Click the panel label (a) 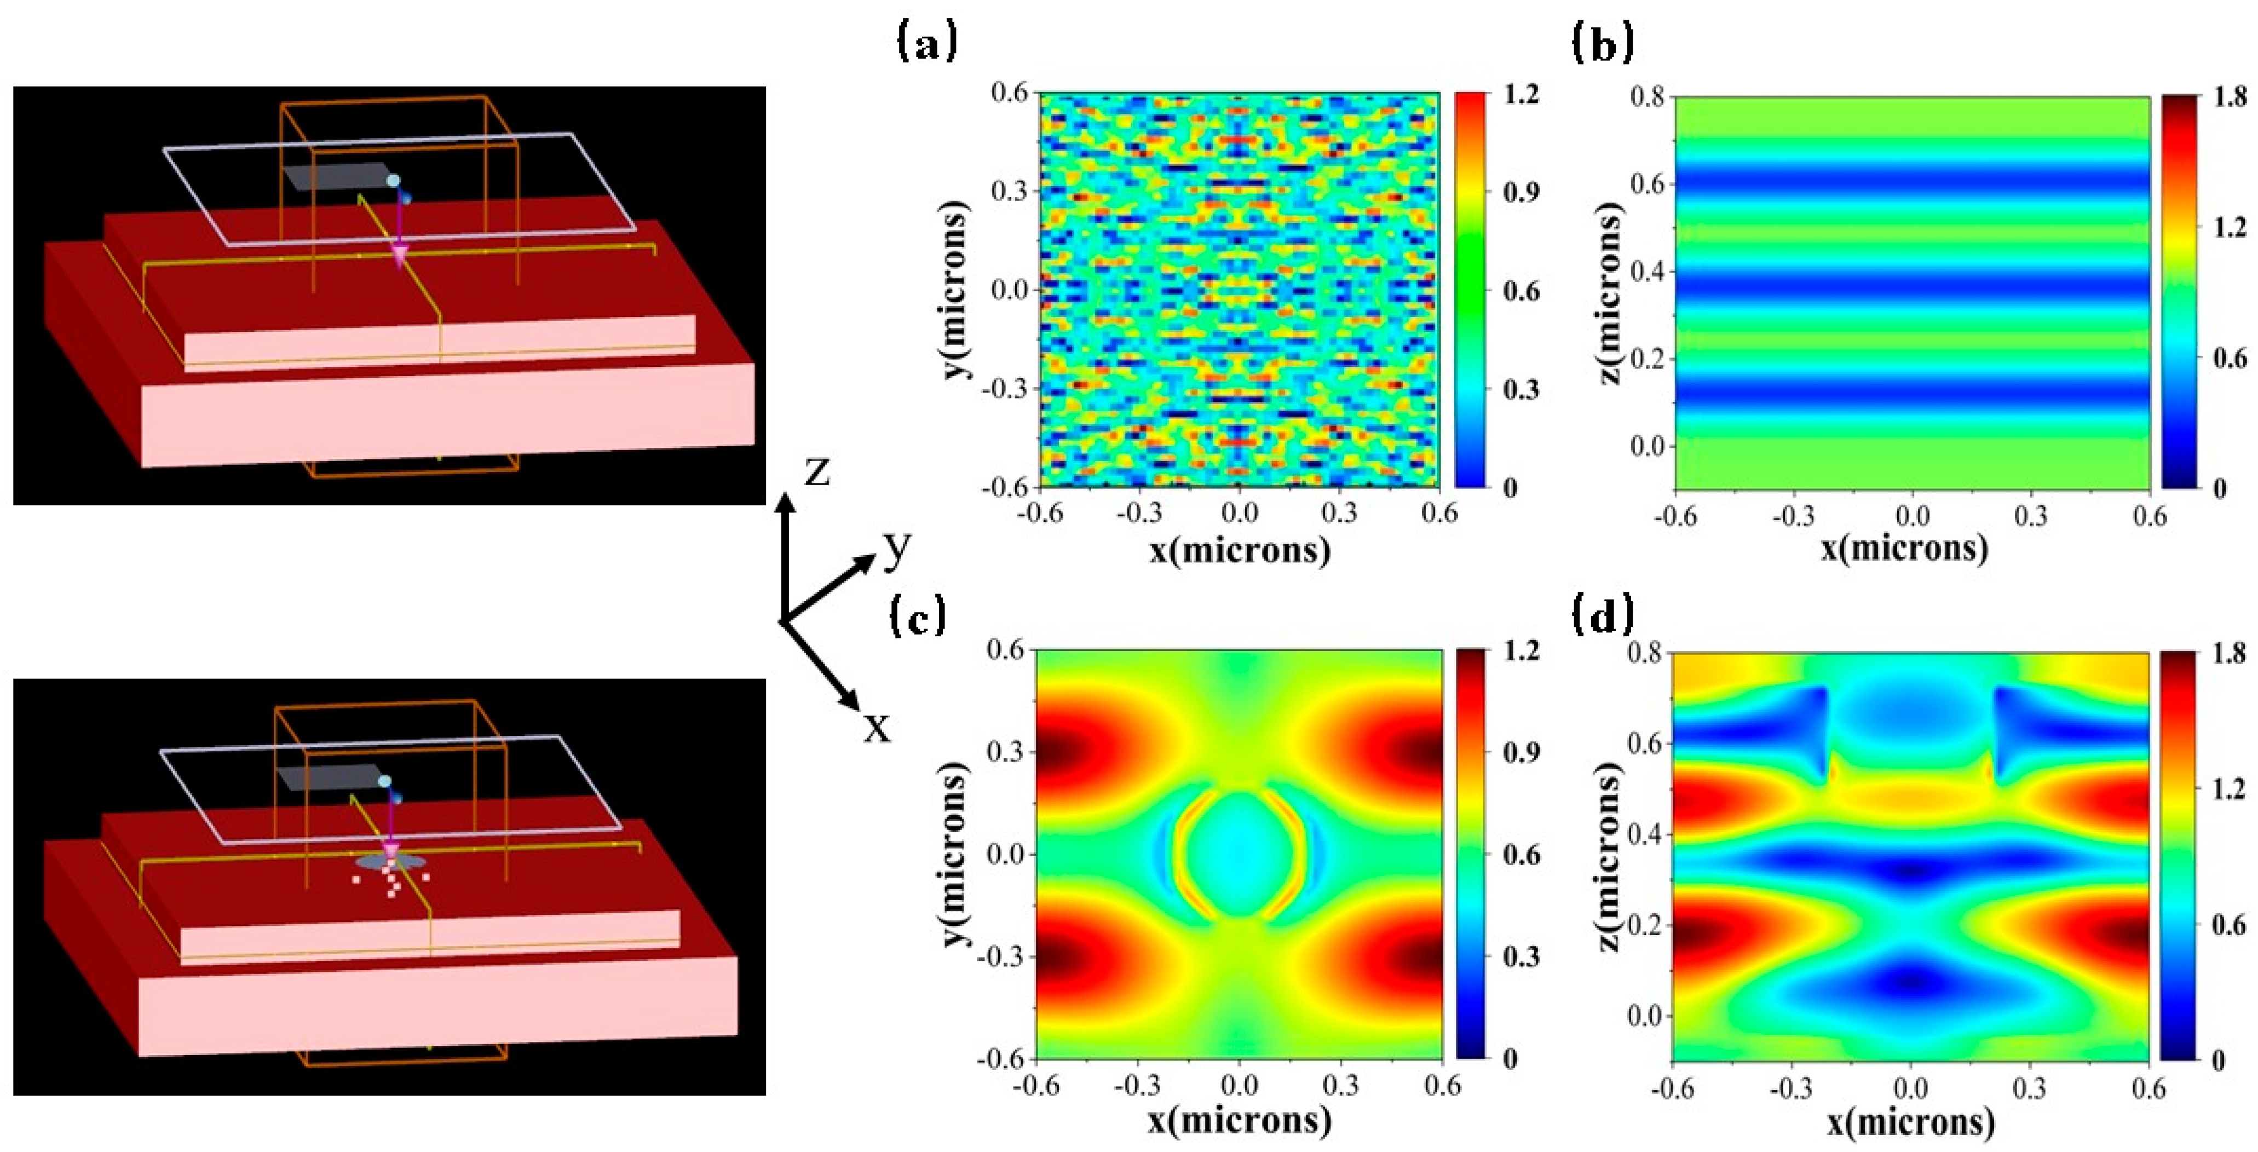(926, 42)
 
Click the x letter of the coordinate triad (875, 727)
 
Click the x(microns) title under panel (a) (1240, 550)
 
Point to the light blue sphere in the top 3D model (394, 180)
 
